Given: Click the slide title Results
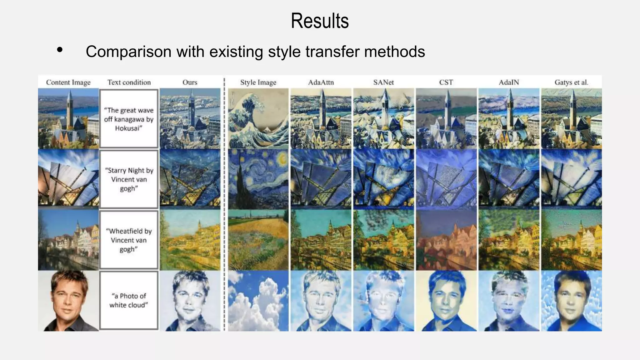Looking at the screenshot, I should [x=320, y=21].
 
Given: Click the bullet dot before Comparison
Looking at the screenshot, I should [x=60, y=50].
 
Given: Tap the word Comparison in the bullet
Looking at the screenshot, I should [x=128, y=52].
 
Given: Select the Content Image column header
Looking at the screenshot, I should [x=68, y=82].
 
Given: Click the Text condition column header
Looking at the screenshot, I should [x=129, y=82].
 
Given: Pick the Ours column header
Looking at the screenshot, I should [x=190, y=82].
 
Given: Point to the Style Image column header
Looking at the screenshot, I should [x=258, y=82].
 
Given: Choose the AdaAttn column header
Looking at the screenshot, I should [x=321, y=82].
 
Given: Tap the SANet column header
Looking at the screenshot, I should [x=383, y=82].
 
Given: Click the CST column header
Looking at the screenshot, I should [x=446, y=82].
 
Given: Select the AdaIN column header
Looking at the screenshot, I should [x=509, y=82].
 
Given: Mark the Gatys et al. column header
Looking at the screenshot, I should [x=571, y=82].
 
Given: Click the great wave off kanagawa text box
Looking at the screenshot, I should [x=129, y=119].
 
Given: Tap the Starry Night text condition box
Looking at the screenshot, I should [x=129, y=179].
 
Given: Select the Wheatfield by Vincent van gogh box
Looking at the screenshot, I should [x=129, y=240].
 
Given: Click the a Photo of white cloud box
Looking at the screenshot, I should [x=129, y=300].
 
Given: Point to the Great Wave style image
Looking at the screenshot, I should [x=258, y=118].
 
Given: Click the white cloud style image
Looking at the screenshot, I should [x=258, y=301].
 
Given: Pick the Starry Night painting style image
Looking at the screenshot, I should [x=258, y=179].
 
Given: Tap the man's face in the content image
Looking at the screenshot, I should [x=68, y=297].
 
